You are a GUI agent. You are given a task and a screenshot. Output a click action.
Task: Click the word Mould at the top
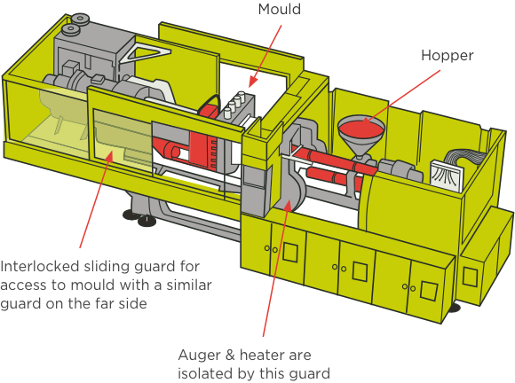coord(279,9)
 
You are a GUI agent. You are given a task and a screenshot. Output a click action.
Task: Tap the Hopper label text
coord(448,56)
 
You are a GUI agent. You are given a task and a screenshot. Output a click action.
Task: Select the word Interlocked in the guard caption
coord(40,266)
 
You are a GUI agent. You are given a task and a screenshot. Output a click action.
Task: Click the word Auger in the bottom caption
coord(200,356)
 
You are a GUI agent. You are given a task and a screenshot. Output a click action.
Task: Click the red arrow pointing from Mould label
coord(265,57)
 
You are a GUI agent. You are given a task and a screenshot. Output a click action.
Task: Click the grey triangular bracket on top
coord(145,53)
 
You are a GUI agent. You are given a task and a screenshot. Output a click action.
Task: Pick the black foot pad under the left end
coord(147,221)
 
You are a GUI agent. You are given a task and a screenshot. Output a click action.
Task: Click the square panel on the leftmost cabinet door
coord(290,252)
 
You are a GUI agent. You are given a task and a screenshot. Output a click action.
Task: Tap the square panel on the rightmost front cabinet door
coord(429,291)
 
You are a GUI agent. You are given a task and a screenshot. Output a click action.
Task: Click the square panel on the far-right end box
coord(470,277)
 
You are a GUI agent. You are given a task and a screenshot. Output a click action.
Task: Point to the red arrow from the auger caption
coord(275,268)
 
